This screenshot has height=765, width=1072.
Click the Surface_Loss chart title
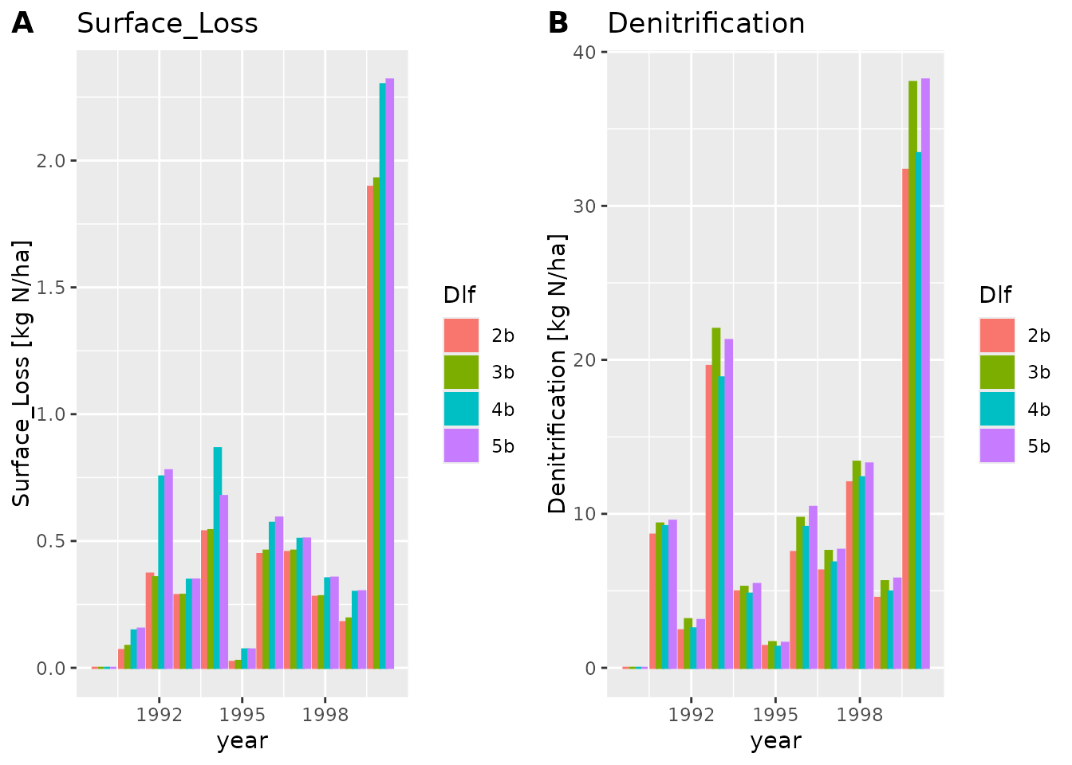167,24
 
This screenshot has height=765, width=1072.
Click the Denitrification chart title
706,24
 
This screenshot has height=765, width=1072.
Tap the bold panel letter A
22,24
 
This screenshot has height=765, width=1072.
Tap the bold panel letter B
558,24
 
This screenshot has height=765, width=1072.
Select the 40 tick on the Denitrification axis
585,53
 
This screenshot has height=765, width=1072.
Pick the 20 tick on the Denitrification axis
585,360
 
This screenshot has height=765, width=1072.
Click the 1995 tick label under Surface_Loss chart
242,715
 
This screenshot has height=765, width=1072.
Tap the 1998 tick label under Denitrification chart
860,715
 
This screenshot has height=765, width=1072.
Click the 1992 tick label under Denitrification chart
691,715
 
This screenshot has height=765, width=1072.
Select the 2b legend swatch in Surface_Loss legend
461,335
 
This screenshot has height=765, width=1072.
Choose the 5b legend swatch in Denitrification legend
997,445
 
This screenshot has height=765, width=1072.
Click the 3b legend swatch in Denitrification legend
997,372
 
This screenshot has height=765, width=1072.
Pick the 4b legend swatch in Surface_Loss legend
461,409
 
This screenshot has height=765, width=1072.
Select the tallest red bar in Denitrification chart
906,418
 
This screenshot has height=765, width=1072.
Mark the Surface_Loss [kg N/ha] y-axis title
22,373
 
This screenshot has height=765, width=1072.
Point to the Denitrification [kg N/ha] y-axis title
557,373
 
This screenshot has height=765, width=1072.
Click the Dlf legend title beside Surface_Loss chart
459,296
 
